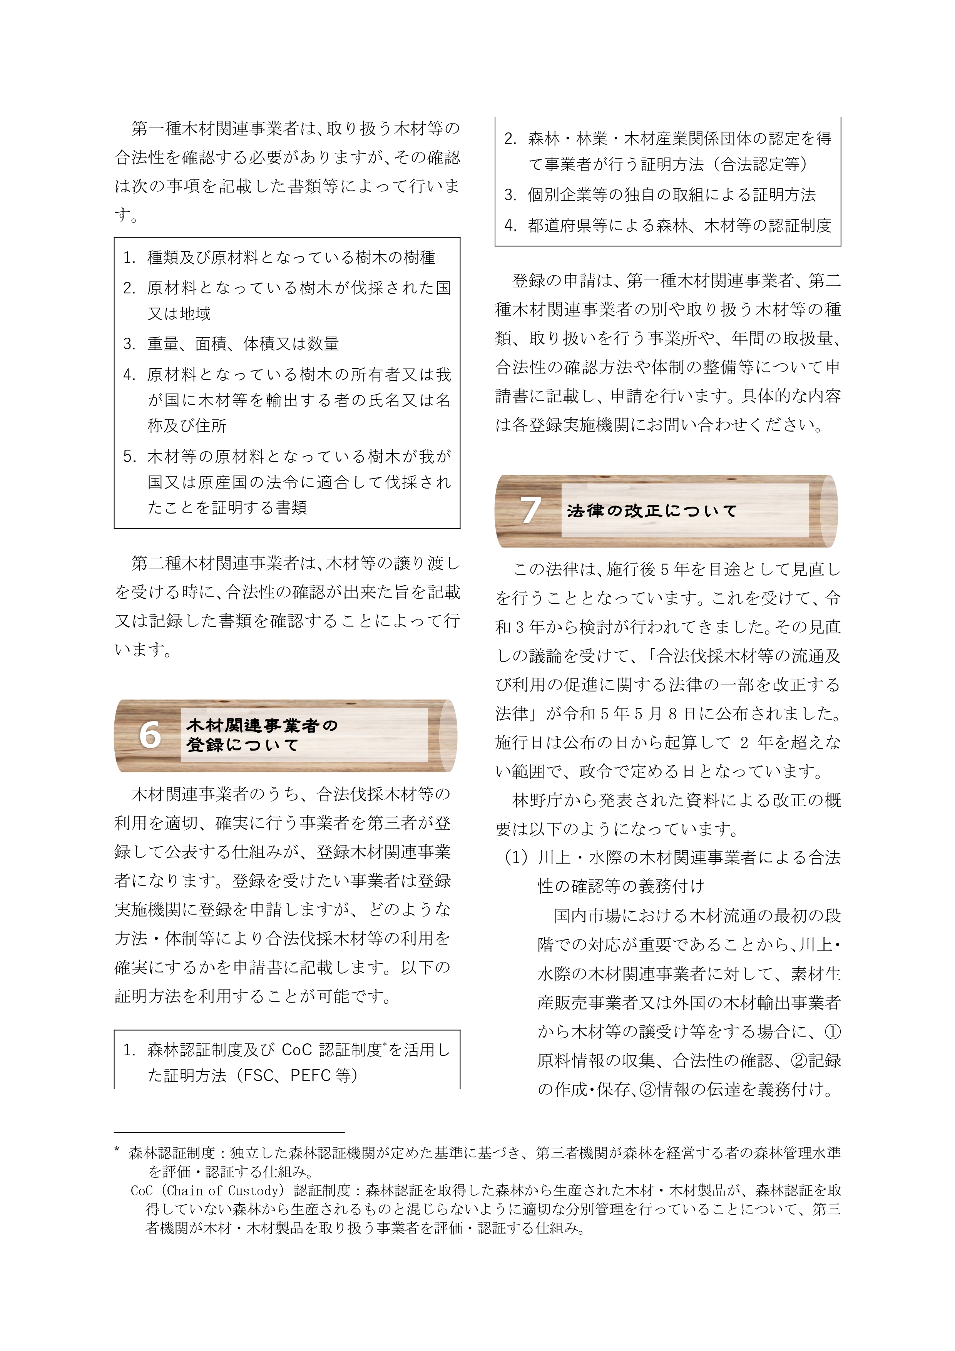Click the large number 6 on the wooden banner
(x=150, y=735)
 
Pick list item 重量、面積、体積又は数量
(x=243, y=344)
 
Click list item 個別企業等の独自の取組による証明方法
(x=671, y=195)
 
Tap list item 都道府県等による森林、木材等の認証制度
(x=680, y=225)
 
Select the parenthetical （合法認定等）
(x=764, y=165)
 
